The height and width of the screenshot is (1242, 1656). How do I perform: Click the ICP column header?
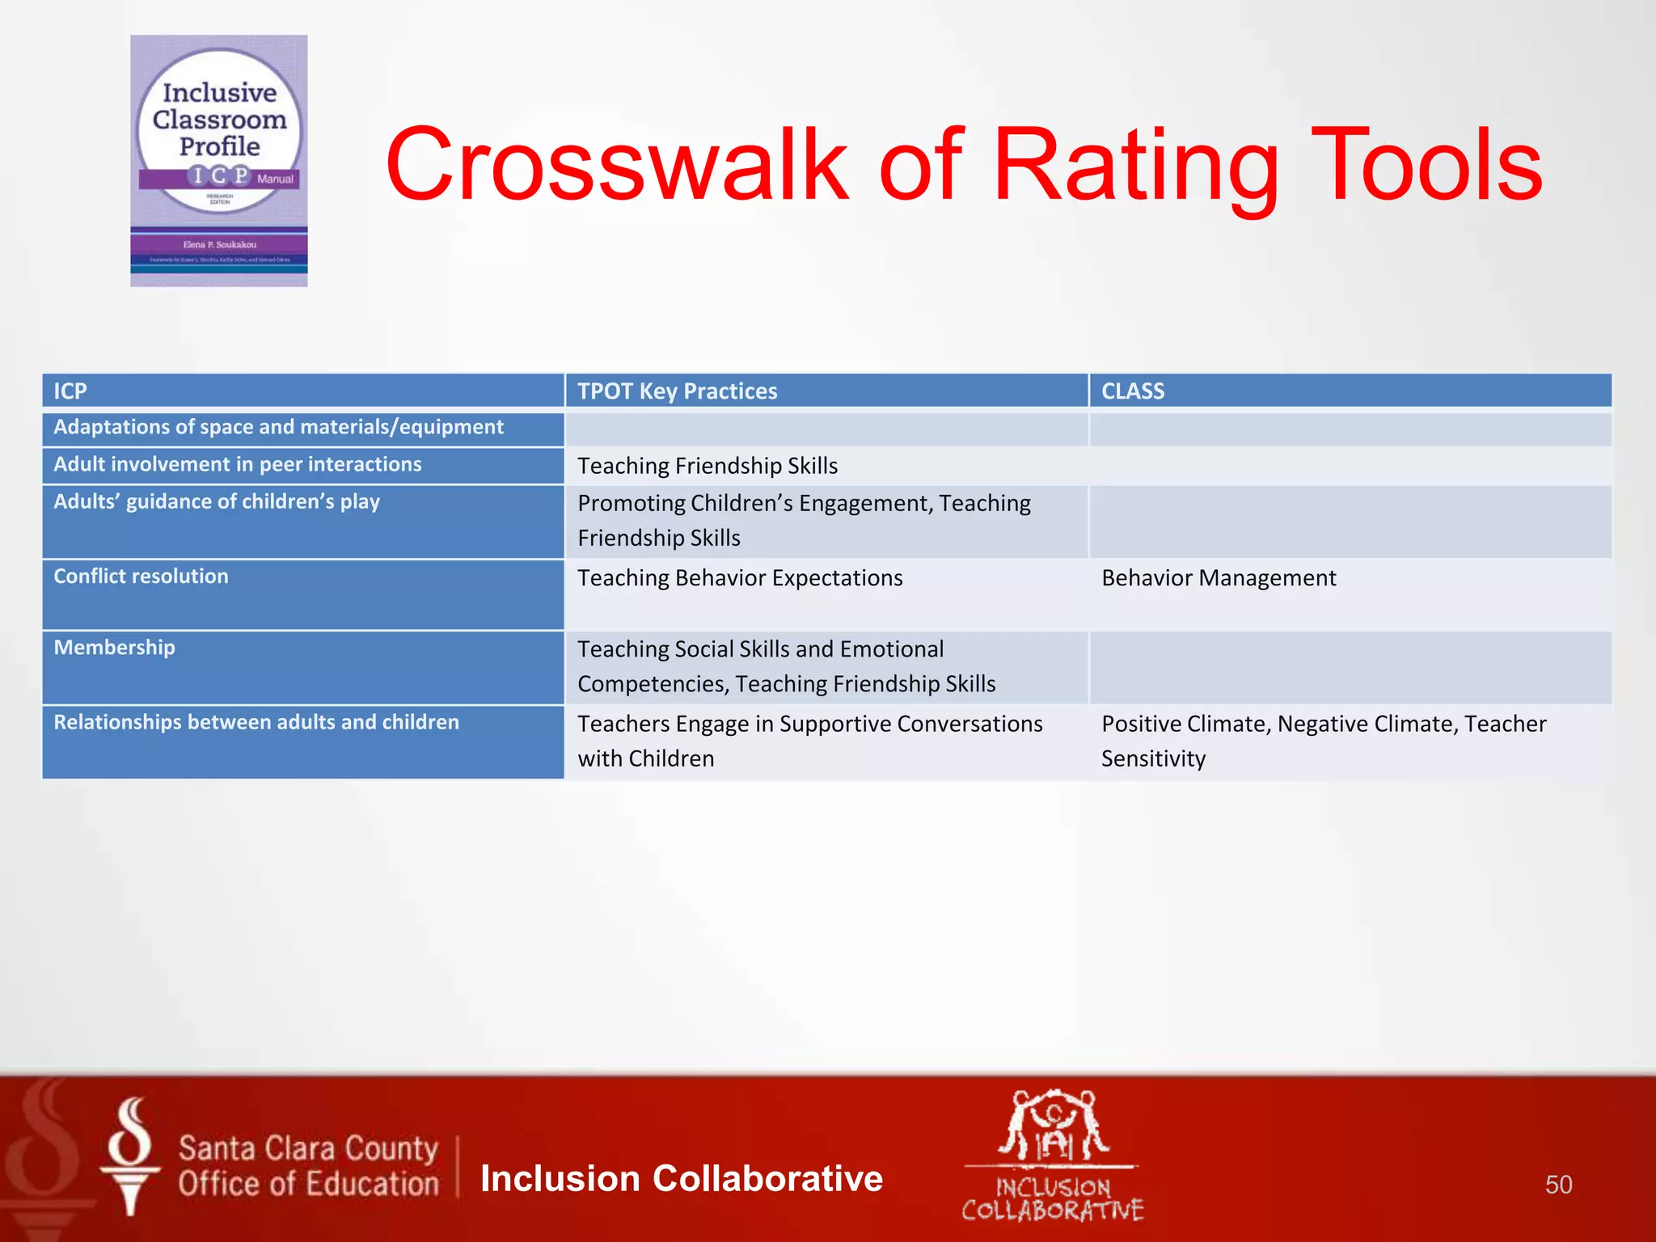click(x=70, y=391)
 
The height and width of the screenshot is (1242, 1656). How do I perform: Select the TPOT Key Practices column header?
click(x=677, y=391)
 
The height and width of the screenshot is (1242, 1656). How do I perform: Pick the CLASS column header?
click(x=1132, y=391)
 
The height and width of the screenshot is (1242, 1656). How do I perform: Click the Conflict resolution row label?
click(x=141, y=577)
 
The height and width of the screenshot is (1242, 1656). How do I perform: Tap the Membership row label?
click(x=114, y=648)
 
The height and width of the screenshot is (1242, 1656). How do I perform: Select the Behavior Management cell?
click(x=1218, y=578)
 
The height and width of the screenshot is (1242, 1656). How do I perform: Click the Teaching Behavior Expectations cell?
click(x=739, y=578)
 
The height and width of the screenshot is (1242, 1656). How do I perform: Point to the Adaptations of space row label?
click(x=278, y=427)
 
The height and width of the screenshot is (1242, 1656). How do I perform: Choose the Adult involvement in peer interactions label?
click(x=237, y=464)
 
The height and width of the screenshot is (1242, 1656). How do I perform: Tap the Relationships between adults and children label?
click(x=256, y=722)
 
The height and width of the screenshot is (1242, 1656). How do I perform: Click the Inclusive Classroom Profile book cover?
click(x=219, y=161)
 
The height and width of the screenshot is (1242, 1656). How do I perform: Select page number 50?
click(x=1558, y=1185)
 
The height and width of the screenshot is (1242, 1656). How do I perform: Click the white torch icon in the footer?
click(x=130, y=1156)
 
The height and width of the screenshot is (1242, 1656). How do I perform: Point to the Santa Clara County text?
click(x=307, y=1148)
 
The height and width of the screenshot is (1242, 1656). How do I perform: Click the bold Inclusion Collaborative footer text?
click(x=681, y=1178)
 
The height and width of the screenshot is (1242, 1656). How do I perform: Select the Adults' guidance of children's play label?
click(x=216, y=501)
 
